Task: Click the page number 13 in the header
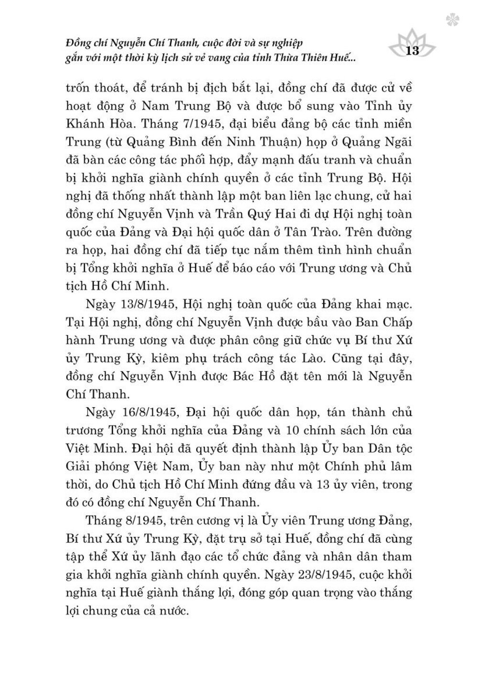(412, 51)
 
